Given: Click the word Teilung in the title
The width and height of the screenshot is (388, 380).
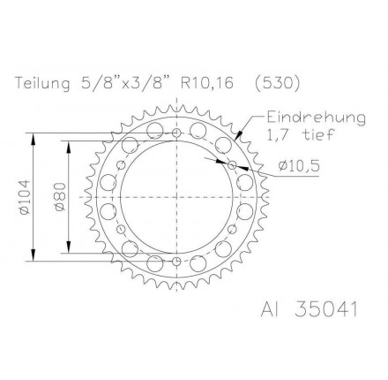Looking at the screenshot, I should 43,84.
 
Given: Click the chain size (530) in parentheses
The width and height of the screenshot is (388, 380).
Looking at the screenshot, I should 276,84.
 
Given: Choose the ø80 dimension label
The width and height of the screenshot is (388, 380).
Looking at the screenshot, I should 61,195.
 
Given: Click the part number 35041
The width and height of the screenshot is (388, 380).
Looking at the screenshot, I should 325,310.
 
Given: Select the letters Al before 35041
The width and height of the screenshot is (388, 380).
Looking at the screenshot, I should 270,310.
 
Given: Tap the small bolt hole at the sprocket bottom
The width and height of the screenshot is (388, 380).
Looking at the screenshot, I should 176,262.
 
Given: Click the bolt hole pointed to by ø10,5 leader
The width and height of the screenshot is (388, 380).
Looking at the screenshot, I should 232,164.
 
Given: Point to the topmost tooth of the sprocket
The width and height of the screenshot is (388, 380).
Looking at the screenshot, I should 176,103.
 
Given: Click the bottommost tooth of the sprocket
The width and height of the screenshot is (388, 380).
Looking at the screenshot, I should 176,289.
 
